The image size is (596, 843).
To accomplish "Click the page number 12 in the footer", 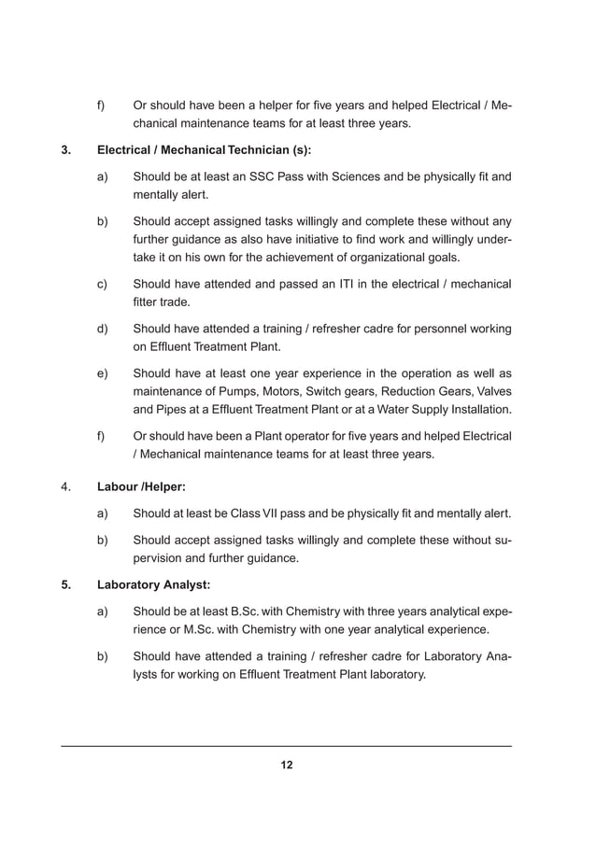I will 287,766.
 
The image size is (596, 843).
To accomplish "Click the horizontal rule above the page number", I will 287,746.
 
